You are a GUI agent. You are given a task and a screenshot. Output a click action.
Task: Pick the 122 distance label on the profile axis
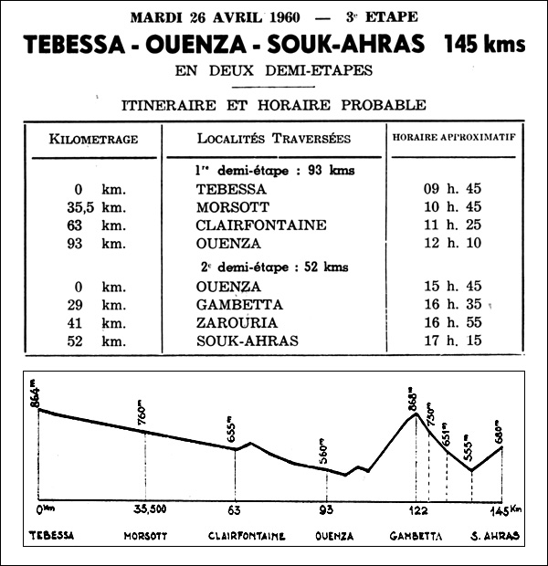[418, 509]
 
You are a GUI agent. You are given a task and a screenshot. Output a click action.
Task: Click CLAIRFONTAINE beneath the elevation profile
[247, 537]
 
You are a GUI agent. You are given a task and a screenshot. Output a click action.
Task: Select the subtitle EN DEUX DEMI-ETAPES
[274, 69]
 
